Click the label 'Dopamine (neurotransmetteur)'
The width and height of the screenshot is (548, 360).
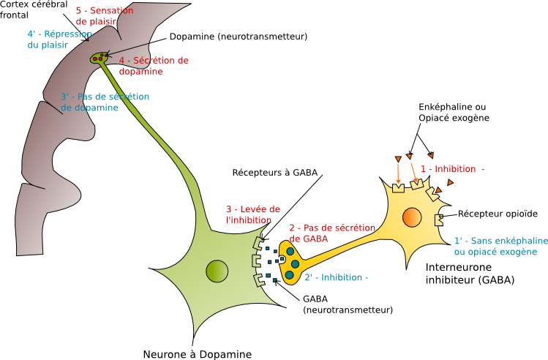238,36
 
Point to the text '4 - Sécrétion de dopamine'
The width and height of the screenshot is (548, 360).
153,66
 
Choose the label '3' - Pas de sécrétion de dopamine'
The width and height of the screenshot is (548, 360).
105,102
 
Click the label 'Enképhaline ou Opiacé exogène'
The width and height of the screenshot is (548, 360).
454,113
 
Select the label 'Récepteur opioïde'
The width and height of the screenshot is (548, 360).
498,214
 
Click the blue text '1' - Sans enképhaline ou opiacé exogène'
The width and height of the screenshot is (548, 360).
500,246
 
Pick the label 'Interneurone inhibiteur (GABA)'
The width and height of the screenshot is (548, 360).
470,274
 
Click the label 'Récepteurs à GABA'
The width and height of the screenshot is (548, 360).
275,173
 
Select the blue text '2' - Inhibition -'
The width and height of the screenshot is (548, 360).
336,277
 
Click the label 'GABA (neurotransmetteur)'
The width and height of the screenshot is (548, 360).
347,304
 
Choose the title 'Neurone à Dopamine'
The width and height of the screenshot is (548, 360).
198,354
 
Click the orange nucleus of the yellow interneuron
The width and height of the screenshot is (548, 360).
411,217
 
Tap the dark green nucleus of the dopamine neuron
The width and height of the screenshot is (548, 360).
217,271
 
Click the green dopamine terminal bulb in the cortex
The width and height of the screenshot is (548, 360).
98,58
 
